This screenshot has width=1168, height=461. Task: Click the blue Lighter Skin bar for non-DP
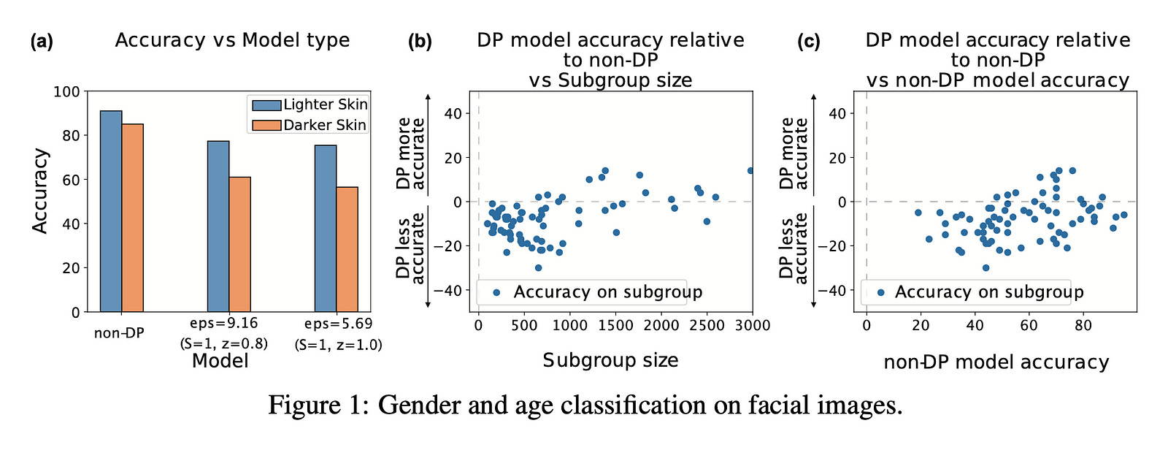click(111, 211)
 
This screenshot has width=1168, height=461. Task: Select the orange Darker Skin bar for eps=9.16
click(239, 244)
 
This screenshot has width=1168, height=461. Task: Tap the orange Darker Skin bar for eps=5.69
click(347, 249)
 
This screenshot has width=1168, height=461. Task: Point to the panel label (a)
click(42, 42)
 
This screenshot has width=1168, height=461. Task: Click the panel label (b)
click(420, 42)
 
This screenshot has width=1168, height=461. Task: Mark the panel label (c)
click(808, 42)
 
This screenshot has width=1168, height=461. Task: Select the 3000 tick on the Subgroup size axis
click(753, 326)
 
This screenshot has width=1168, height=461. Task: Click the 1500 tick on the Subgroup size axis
click(615, 326)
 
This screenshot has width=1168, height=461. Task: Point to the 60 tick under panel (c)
click(1029, 326)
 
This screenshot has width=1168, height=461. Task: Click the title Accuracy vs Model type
click(232, 40)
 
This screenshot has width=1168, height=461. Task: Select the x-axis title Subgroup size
click(610, 360)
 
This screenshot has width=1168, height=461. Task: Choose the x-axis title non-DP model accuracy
click(996, 362)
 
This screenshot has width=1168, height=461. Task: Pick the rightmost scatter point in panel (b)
click(750, 171)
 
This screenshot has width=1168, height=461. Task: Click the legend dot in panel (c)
click(880, 292)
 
